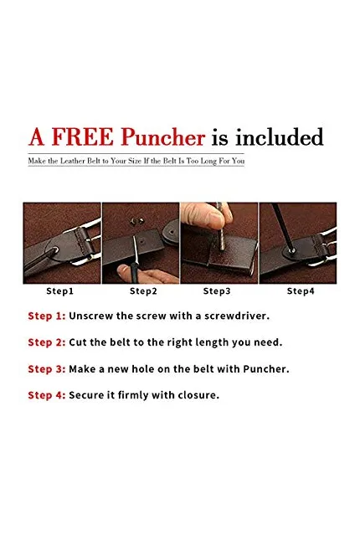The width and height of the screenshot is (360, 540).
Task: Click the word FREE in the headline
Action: (x=82, y=136)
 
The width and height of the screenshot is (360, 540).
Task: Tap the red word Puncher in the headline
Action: (x=163, y=137)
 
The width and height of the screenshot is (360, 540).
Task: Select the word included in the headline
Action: (x=280, y=137)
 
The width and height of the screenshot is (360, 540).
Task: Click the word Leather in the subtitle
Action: (x=73, y=161)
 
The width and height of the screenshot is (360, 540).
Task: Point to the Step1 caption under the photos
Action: (x=60, y=291)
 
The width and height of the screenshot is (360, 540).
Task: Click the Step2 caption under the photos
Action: (x=143, y=291)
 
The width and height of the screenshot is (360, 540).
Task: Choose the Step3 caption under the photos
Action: (x=217, y=291)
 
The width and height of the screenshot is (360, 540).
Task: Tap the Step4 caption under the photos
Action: (x=301, y=291)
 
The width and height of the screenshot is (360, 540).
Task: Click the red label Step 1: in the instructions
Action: (x=47, y=316)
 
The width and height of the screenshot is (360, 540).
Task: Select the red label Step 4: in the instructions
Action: (x=47, y=395)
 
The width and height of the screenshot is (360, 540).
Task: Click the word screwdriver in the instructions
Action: (x=237, y=316)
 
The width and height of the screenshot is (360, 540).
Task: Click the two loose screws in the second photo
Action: (x=136, y=221)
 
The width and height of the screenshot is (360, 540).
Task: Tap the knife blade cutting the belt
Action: (x=136, y=249)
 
